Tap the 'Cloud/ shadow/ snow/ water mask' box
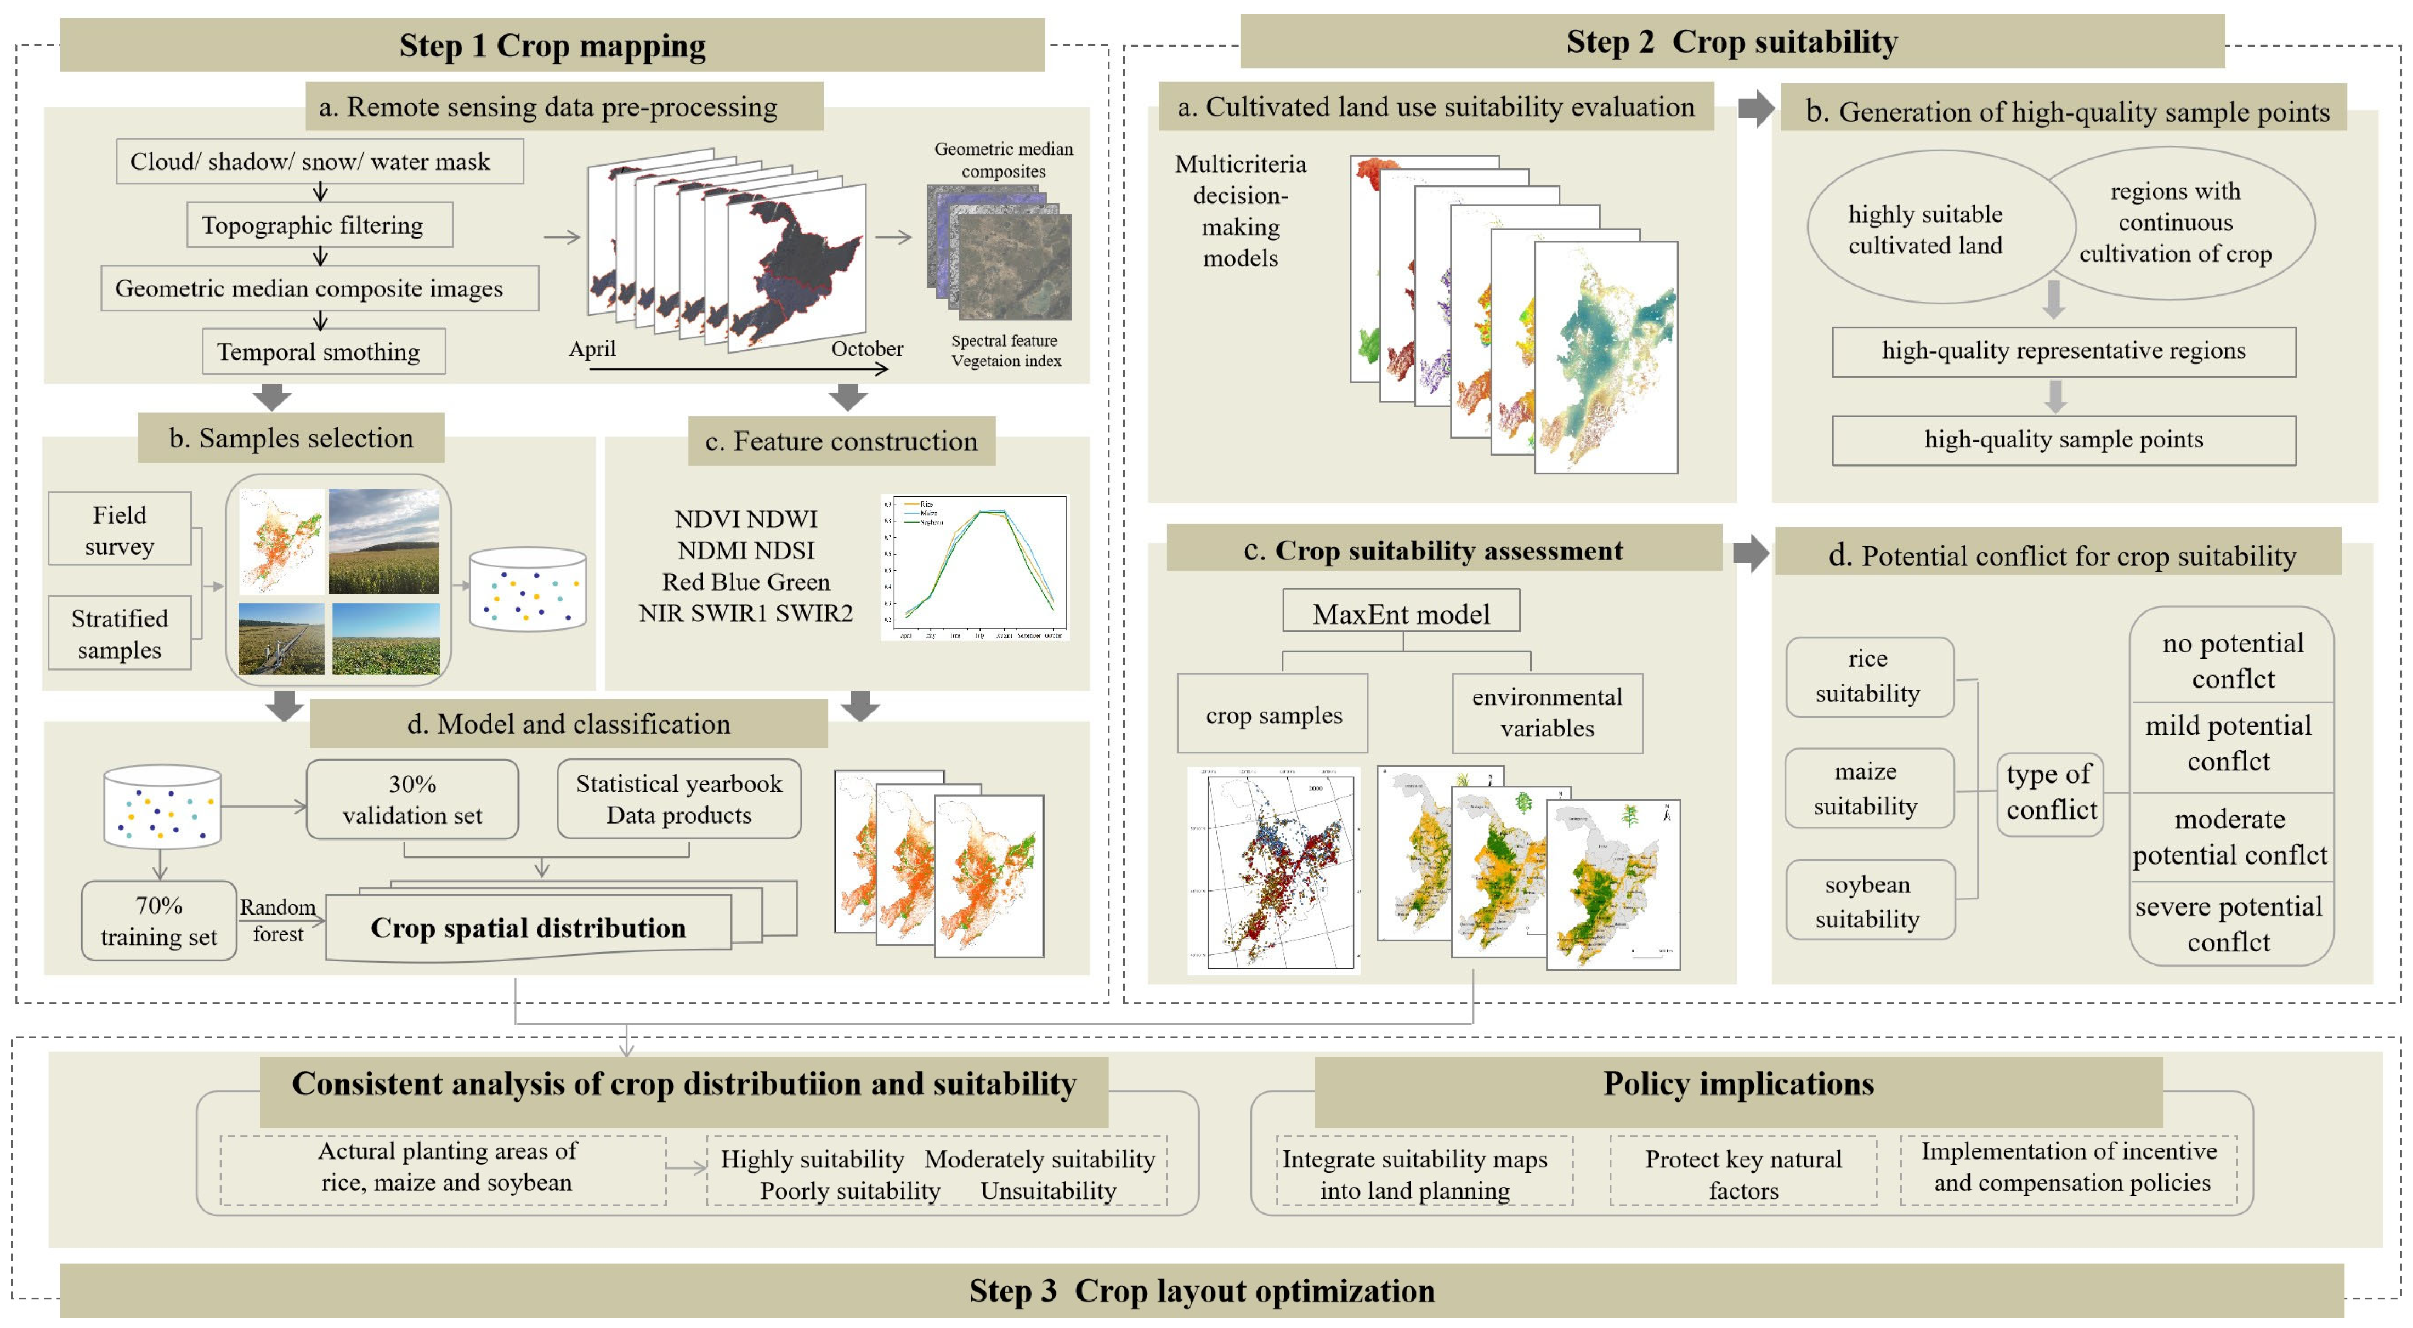(319, 161)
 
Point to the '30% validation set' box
(412, 799)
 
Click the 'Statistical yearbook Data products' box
(678, 799)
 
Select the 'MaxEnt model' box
(1401, 614)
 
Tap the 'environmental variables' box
(1547, 713)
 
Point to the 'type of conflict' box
(2051, 792)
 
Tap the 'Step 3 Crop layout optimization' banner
(1202, 1291)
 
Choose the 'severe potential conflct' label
(2229, 923)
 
